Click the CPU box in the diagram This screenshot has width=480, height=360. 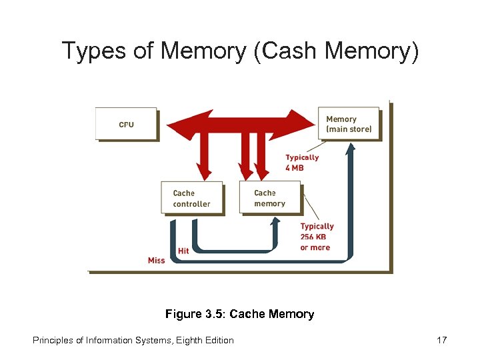[x=126, y=124]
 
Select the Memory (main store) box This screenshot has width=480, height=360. [x=349, y=124]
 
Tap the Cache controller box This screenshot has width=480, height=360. [x=191, y=198]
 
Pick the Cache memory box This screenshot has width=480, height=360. [x=269, y=198]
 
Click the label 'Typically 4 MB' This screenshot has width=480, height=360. [x=302, y=163]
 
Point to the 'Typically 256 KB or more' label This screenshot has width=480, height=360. [x=316, y=237]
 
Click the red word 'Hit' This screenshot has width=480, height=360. [x=183, y=251]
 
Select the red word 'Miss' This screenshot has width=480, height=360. [x=156, y=260]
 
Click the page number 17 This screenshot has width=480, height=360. [x=441, y=340]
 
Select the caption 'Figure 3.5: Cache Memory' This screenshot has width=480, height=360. [x=239, y=313]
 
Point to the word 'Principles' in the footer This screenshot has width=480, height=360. [x=53, y=340]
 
